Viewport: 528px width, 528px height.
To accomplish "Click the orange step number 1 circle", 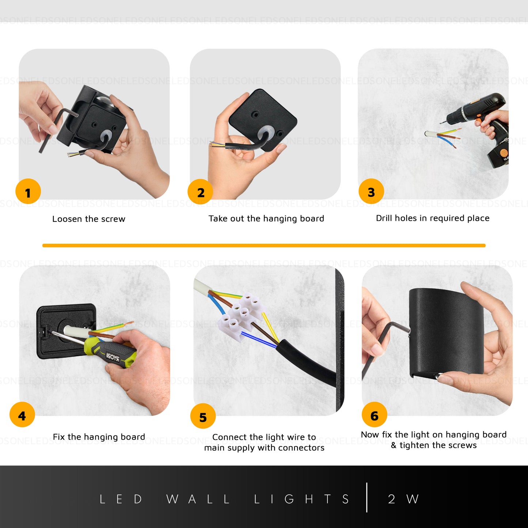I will point(28,191).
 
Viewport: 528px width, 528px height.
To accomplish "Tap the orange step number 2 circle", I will point(200,192).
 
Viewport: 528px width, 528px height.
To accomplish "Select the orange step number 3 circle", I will point(371,191).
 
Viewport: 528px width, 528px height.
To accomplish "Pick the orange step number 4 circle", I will point(22,415).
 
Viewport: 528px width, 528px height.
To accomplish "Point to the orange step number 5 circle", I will point(203,416).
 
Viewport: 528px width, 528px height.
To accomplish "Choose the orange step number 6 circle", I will point(374,415).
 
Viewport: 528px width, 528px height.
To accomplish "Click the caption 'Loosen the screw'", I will point(89,219).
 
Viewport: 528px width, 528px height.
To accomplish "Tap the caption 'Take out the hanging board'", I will point(266,219).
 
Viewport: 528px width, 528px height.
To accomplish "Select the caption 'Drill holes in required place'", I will point(433,218).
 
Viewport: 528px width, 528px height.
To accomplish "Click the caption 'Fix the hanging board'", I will point(99,437).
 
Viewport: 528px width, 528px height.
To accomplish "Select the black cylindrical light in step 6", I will point(446,333).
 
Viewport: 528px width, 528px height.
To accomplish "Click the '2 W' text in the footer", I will point(403,499).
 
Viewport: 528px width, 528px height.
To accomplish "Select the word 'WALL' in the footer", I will point(198,499).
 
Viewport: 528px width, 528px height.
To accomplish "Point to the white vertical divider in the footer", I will point(367,498).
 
